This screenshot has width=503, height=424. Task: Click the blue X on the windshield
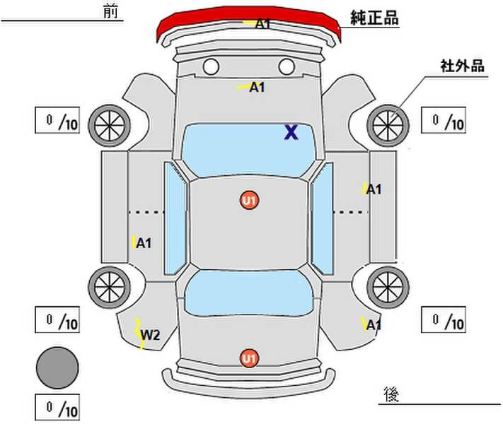tap(291, 132)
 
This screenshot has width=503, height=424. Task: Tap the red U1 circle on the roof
tap(250, 201)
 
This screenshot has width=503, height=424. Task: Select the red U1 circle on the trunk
tap(250, 358)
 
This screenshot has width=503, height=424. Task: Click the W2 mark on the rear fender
tap(150, 335)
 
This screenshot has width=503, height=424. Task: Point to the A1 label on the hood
tap(257, 87)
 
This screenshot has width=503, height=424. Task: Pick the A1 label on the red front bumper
tap(262, 24)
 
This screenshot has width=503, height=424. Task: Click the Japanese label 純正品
tap(374, 18)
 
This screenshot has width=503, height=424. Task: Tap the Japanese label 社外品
tap(462, 66)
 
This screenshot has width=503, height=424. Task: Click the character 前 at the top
tap(110, 11)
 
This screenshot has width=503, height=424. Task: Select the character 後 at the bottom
tap(391, 394)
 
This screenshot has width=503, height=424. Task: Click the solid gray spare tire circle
tap(57, 367)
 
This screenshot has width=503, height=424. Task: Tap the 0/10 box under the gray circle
tap(57, 407)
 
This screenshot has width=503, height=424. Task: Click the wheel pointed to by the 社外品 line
tap(388, 125)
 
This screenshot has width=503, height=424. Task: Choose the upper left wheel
tap(110, 125)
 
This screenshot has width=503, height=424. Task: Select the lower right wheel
tap(388, 287)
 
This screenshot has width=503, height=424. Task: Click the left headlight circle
tap(211, 66)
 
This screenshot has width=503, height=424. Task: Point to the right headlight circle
tap(287, 66)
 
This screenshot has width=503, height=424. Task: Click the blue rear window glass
tap(249, 293)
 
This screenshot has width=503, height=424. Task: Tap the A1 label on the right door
tap(374, 189)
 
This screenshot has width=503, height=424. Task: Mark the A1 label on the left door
tap(144, 243)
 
